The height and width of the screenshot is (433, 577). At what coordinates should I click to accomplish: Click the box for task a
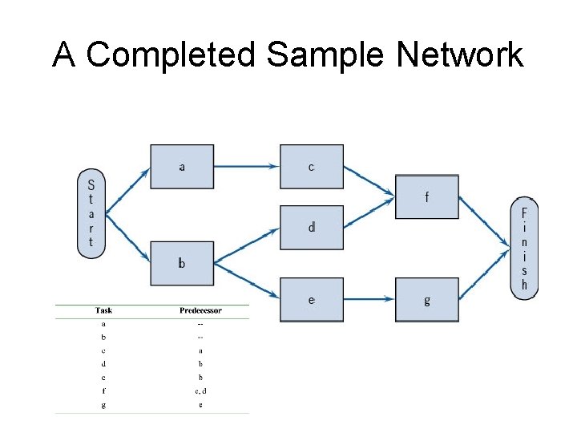tap(182, 167)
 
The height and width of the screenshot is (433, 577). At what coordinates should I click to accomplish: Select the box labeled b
tap(182, 263)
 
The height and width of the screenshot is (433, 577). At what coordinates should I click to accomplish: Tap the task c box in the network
tap(311, 167)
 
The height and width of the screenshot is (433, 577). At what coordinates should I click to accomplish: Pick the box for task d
tap(311, 228)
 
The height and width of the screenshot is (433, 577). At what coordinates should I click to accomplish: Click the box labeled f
tap(426, 196)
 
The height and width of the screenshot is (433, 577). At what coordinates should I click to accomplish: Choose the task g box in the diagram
tap(426, 300)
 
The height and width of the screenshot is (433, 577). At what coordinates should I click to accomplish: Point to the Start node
tap(91, 213)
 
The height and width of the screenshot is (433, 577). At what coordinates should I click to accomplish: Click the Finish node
tap(524, 249)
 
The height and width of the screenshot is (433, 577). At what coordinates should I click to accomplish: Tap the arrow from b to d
tap(247, 244)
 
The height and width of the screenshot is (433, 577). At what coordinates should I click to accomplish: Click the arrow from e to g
tap(369, 300)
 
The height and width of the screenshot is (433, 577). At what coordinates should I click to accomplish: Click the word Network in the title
tap(459, 55)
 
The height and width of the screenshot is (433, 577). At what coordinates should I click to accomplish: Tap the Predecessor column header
tap(200, 310)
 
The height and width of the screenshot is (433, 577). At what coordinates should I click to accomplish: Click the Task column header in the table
tap(103, 310)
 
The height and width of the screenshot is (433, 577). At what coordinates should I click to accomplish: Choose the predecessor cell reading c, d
tap(200, 391)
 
